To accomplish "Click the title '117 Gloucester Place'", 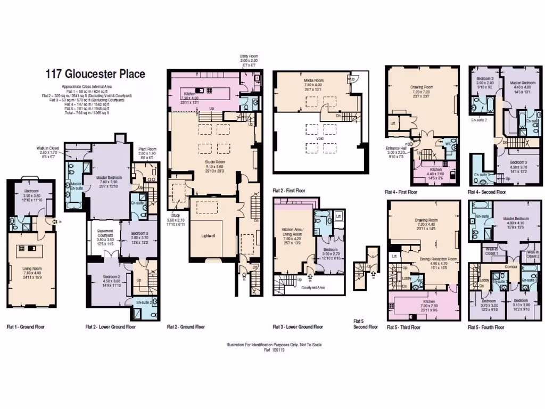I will tap(95, 74).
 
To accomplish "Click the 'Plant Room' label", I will tap(146, 150).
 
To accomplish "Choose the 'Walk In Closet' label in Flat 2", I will tap(47, 151).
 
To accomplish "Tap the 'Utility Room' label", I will tap(248, 56).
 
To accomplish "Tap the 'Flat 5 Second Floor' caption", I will tap(365, 324).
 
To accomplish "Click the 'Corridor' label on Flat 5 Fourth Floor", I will tap(511, 266).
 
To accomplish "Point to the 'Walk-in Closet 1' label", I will tap(491, 251).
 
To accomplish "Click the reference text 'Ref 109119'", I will tap(274, 350).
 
